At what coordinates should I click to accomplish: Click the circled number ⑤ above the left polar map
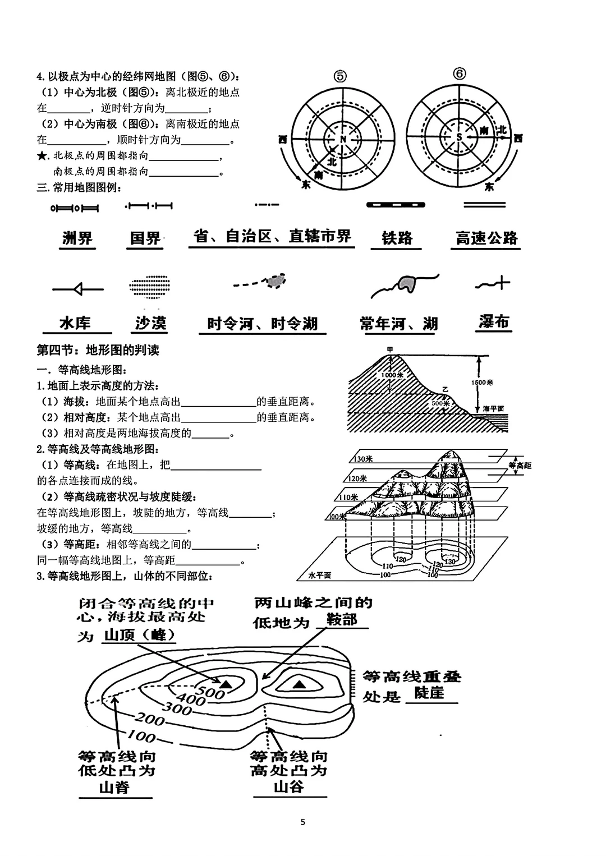pos(340,76)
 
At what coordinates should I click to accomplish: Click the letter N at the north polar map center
pos(343,139)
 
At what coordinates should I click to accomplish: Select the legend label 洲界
pos(77,238)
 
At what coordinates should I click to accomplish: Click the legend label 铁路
pos(397,238)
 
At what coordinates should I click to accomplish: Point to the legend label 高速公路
pos(486,238)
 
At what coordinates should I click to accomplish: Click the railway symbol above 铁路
pos(396,205)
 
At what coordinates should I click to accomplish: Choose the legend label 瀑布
pos(494,322)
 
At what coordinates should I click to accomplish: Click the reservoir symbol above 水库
pos(78,289)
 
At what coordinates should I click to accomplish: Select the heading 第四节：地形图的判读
pos(98,351)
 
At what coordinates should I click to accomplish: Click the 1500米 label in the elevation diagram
pos(483,383)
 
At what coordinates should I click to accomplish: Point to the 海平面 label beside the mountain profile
pos(493,409)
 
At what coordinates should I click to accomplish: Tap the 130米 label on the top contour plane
pos(364,459)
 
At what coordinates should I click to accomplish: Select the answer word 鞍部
pos(342,620)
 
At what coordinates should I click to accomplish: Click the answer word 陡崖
pos(429,693)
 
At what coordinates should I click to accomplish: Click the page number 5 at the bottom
pos(303,822)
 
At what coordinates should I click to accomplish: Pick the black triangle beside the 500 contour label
pos(226,684)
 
